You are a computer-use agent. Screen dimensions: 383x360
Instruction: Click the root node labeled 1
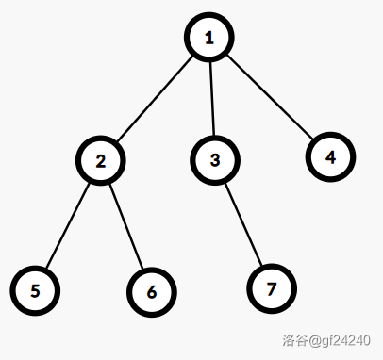pos(209,38)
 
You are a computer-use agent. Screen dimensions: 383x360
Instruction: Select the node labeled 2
pos(101,160)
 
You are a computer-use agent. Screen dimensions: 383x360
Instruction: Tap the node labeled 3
pos(215,160)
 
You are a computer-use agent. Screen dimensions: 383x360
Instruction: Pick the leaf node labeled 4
pos(330,157)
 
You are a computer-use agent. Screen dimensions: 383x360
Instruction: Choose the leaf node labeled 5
pos(35,290)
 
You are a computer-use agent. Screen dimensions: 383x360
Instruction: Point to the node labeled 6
pos(152,292)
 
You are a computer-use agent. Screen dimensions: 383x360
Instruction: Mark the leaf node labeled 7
pos(272,288)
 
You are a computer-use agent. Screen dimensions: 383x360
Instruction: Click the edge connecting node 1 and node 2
pos(155,99)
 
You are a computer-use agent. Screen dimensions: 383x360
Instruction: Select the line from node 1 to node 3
pos(212,99)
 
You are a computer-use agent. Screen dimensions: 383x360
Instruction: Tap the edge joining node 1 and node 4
pos(270,97)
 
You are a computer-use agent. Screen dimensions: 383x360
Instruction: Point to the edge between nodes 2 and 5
pos(68,225)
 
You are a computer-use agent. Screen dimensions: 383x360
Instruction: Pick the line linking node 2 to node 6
pos(126,226)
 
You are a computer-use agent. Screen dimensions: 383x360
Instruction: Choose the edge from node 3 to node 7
pos(243,224)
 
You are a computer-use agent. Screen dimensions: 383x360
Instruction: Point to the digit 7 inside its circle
pos(272,289)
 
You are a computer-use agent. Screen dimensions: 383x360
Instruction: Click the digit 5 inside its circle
pos(35,291)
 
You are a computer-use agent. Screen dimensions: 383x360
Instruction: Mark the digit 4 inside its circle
pos(330,157)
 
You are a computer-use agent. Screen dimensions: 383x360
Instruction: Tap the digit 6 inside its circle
pos(152,292)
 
